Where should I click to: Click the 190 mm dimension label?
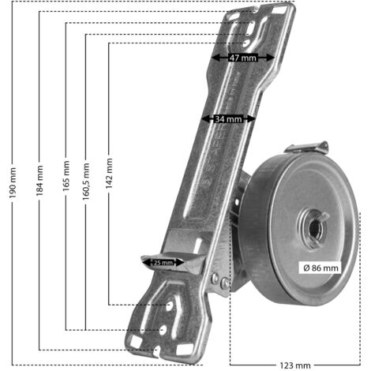click(x=13, y=182)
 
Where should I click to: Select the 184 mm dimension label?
click(x=39, y=181)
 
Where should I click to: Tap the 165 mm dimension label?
click(x=66, y=176)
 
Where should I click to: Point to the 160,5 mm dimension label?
click(x=86, y=182)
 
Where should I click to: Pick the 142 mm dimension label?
click(x=109, y=174)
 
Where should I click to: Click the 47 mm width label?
click(x=242, y=58)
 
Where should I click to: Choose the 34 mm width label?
click(x=228, y=119)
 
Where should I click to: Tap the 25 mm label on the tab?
click(x=163, y=262)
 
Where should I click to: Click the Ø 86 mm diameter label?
click(x=320, y=268)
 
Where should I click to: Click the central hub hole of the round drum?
click(x=314, y=228)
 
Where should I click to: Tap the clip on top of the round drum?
click(x=307, y=148)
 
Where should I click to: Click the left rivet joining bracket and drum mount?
click(x=215, y=277)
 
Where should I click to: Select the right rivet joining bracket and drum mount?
click(x=225, y=283)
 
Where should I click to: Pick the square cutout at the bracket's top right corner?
click(x=280, y=9)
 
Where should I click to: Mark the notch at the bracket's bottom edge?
click(x=157, y=351)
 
